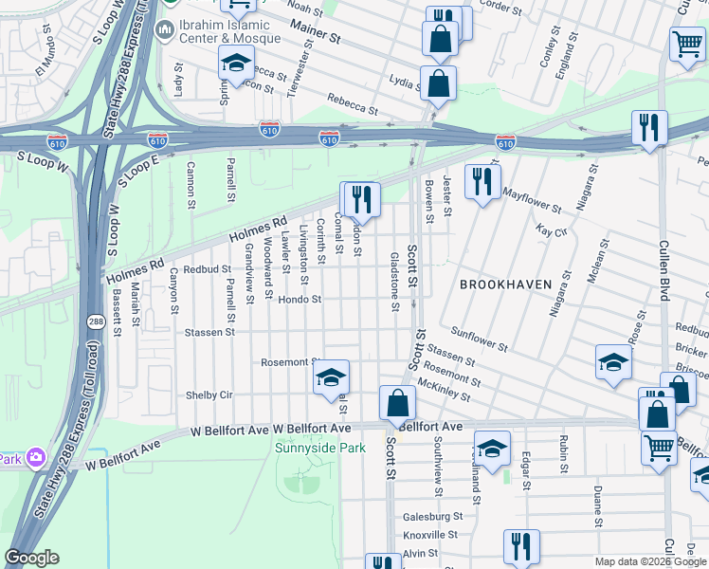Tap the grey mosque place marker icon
(x=164, y=31)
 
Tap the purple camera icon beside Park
(x=36, y=458)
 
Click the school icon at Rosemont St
(x=330, y=377)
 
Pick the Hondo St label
(x=300, y=300)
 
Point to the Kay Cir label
(x=551, y=230)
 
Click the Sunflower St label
(x=473, y=334)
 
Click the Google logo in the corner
(x=31, y=558)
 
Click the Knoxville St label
(x=431, y=535)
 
